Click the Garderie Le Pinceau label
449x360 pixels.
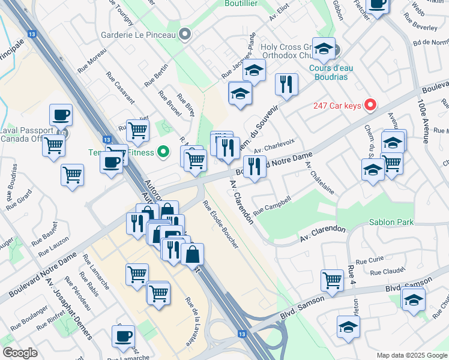pos(138,35)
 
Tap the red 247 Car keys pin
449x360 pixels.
pos(370,106)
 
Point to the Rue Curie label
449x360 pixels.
pos(369,261)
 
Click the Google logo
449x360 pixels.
pos(20,353)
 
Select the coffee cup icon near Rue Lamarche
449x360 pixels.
pos(124,336)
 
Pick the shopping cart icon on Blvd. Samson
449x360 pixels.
pos(332,280)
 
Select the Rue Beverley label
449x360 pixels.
pos(424,28)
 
